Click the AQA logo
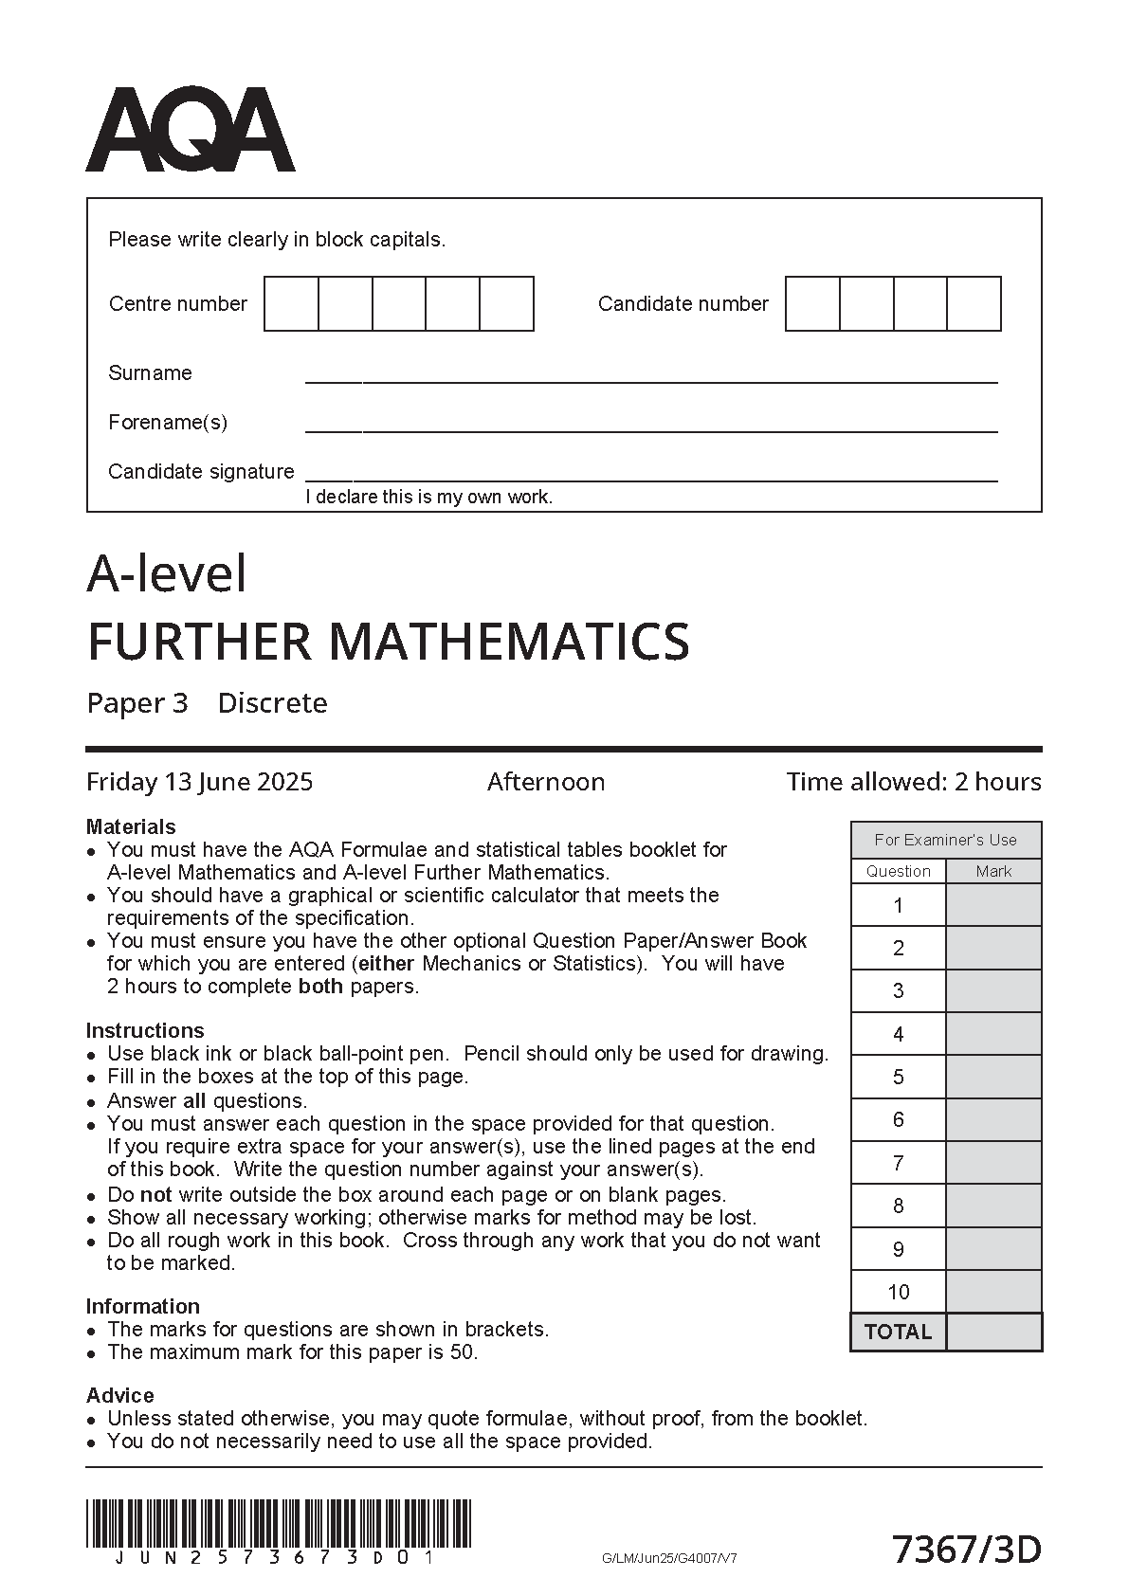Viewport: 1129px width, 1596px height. click(190, 130)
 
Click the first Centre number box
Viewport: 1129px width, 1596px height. click(291, 303)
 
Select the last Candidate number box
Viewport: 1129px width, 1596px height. click(974, 303)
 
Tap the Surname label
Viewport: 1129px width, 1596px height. click(150, 372)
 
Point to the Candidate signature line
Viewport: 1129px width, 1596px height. click(650, 480)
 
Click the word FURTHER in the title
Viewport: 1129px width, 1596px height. click(199, 642)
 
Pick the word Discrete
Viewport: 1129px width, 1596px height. click(272, 703)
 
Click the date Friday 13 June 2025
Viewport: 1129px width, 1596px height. click(199, 782)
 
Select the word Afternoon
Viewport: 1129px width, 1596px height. click(545, 782)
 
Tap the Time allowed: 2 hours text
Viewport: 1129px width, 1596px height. click(913, 782)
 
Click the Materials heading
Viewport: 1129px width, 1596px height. click(131, 826)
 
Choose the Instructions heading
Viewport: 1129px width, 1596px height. click(145, 1030)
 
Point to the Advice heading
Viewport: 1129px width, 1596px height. click(119, 1395)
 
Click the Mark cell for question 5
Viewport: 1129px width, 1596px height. click(993, 1077)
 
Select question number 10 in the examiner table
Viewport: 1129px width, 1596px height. click(898, 1292)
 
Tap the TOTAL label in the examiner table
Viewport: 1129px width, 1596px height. click(898, 1332)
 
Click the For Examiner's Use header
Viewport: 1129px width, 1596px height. click(945, 840)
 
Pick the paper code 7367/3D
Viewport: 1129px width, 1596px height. click(967, 1551)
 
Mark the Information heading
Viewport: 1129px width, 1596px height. click(142, 1306)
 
